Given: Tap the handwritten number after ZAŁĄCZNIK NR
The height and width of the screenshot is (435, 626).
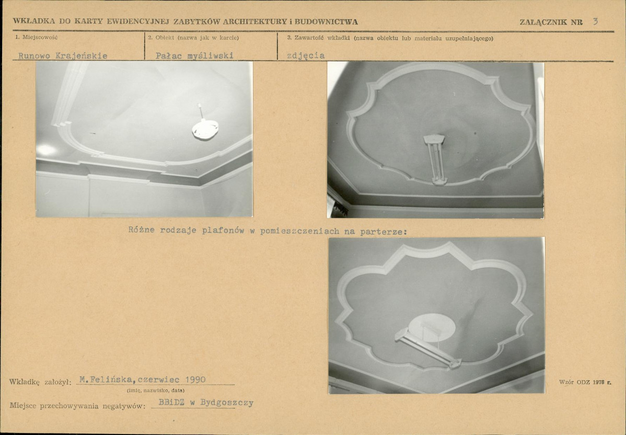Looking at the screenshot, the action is click(595, 21).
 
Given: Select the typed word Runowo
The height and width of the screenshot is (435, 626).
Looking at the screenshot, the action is click(34, 56).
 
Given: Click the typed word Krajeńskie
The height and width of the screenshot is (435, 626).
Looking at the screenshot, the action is click(82, 56).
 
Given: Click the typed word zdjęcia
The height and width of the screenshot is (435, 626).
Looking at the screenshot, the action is click(306, 56).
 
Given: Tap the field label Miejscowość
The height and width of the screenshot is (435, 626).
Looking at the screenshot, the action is click(40, 38).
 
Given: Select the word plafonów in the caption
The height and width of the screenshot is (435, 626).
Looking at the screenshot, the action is click(223, 231).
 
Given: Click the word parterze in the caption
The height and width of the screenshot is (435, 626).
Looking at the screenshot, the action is click(383, 231).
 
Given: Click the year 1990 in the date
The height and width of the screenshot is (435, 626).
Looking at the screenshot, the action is click(195, 380).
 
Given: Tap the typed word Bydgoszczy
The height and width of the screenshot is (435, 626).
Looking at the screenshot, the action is click(227, 403).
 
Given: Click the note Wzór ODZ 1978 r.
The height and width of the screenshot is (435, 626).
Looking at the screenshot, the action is click(585, 382).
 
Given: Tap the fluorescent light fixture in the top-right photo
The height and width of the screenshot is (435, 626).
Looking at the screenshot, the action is click(435, 158).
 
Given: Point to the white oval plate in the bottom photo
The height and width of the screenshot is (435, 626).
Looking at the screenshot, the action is click(432, 327).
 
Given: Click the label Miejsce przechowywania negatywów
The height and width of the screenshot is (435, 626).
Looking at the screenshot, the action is click(77, 406).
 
